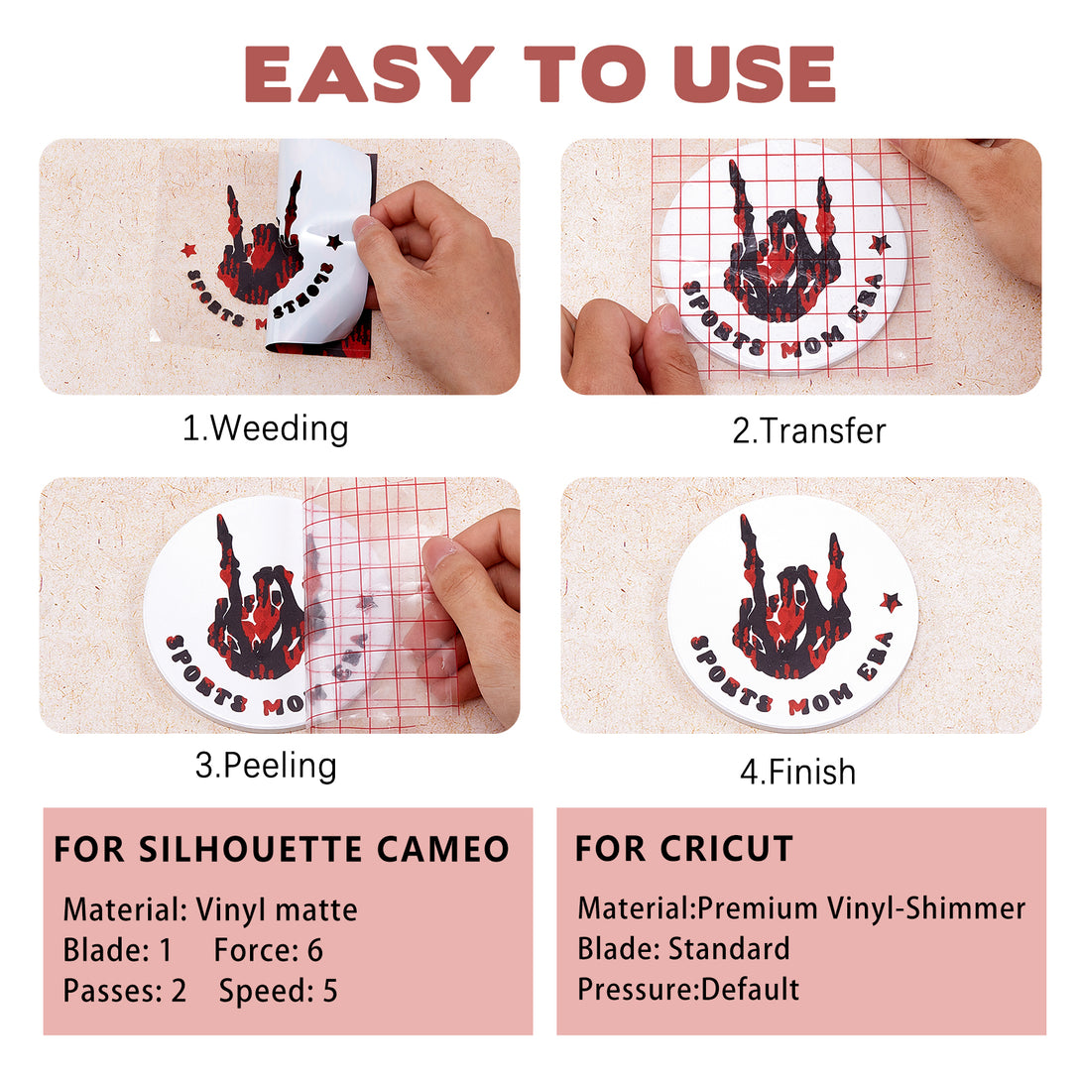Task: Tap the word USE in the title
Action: (x=761, y=73)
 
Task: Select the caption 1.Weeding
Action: (x=266, y=428)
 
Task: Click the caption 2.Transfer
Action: (x=808, y=430)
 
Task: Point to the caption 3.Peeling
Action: (x=266, y=766)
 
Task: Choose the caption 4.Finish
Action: (x=797, y=772)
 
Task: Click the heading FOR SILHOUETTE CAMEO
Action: (x=282, y=849)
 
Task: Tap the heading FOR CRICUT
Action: (x=684, y=848)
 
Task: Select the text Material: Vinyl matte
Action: (x=210, y=910)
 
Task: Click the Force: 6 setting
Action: (x=268, y=950)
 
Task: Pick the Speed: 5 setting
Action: (x=279, y=991)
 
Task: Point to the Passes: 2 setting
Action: (x=125, y=991)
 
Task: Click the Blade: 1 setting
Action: (x=117, y=950)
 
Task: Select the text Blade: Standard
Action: (x=683, y=949)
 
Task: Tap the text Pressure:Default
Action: (x=688, y=990)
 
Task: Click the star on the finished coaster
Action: (x=890, y=602)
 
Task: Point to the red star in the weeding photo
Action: (x=188, y=249)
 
